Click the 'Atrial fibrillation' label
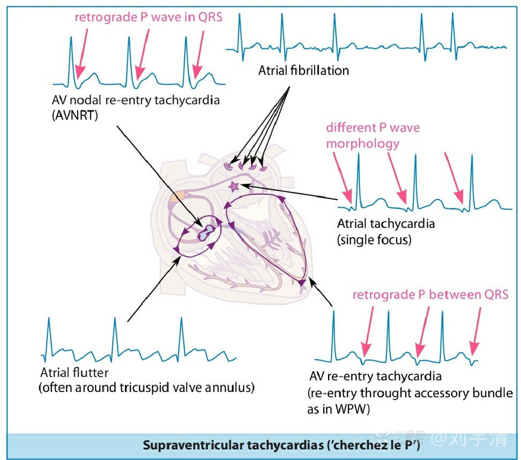[x=303, y=70]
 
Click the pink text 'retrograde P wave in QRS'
[x=148, y=17]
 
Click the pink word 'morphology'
[x=363, y=144]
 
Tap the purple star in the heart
[x=234, y=186]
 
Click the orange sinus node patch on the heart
[x=176, y=197]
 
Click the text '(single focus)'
[x=374, y=239]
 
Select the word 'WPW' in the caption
[x=340, y=410]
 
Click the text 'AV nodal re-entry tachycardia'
[x=136, y=100]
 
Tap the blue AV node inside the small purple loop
[x=206, y=232]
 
